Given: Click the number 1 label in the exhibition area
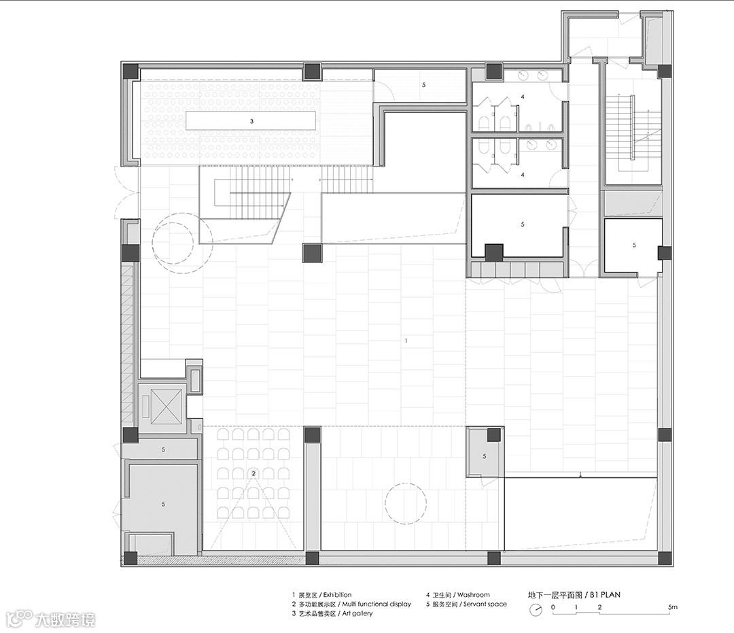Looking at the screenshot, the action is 406,341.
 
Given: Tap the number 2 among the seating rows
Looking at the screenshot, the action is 254,473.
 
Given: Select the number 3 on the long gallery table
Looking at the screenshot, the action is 252,121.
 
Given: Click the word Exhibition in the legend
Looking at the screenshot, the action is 338,595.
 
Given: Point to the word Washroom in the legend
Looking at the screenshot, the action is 474,595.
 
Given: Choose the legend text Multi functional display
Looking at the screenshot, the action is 377,604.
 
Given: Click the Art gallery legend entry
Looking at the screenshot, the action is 357,613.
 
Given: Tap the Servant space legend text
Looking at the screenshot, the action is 485,604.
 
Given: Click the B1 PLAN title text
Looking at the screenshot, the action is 606,595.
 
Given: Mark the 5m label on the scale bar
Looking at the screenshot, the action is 673,607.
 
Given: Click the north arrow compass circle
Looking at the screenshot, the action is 536,610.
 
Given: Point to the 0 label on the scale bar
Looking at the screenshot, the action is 553,607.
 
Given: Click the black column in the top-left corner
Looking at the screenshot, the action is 130,71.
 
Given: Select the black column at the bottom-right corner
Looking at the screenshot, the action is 665,559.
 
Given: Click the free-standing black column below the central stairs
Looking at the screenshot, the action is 312,254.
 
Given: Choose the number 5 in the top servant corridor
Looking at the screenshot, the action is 424,85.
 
